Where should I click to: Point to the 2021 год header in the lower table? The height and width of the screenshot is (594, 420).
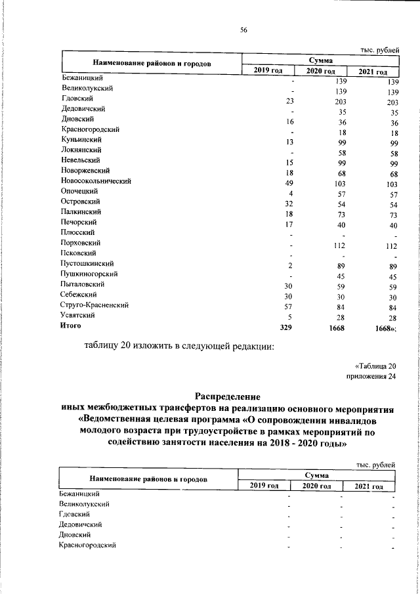click(368, 486)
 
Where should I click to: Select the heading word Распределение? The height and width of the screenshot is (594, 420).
click(228, 396)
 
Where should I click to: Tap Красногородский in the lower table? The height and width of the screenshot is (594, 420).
click(87, 545)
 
